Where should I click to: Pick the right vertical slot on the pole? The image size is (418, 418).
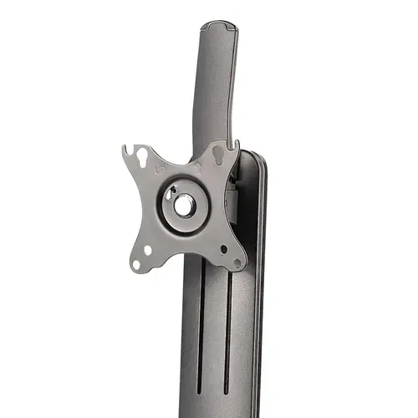pyautogui.click(x=228, y=334)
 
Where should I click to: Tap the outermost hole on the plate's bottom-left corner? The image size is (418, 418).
pyautogui.click(x=135, y=264)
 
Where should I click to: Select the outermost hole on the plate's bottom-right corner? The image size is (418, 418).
pyautogui.click(x=237, y=262)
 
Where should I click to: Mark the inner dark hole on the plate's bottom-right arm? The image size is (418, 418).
pyautogui.click(x=223, y=248)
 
